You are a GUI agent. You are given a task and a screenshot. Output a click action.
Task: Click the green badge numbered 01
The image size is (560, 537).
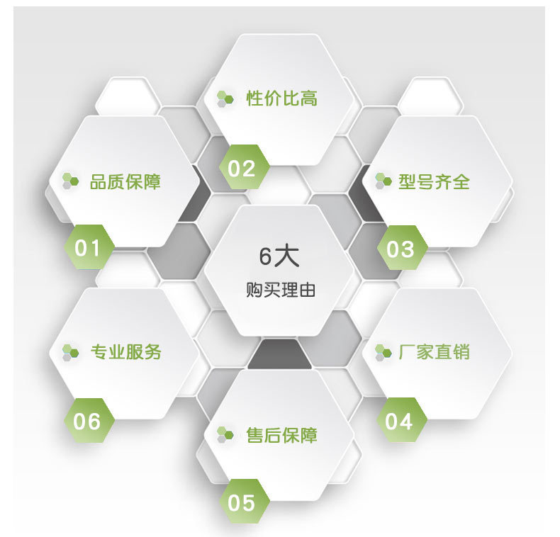click(x=89, y=248)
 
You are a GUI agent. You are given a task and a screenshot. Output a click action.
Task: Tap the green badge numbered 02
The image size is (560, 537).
click(x=242, y=169)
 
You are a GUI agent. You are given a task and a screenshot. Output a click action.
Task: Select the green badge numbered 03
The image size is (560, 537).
click(x=400, y=249)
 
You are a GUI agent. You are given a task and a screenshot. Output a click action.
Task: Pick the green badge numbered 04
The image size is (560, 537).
click(x=399, y=422)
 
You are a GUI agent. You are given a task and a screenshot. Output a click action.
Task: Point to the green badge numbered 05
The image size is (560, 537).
click(x=242, y=502)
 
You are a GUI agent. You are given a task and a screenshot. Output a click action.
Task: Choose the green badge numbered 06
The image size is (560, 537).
click(x=88, y=422)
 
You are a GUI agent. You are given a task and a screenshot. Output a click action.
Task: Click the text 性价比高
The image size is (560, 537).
click(x=281, y=98)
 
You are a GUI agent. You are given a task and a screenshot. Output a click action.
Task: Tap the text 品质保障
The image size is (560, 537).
click(x=125, y=181)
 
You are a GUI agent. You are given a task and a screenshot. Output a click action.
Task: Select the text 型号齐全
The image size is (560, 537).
click(x=434, y=181)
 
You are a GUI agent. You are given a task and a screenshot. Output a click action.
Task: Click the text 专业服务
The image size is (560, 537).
click(x=125, y=351)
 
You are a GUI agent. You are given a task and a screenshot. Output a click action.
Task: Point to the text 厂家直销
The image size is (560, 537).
click(x=434, y=351)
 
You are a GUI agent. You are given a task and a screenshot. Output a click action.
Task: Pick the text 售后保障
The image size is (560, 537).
click(x=281, y=435)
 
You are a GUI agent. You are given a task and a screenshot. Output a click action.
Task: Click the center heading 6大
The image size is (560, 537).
click(x=279, y=256)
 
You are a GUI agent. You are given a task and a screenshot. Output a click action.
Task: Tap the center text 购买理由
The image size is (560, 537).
click(x=280, y=290)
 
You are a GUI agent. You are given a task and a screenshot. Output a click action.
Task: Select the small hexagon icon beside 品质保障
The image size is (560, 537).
click(x=69, y=181)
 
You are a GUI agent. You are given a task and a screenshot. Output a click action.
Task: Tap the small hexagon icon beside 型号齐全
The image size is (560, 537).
click(x=383, y=181)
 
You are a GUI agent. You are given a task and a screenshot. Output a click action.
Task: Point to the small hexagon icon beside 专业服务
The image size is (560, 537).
click(x=69, y=351)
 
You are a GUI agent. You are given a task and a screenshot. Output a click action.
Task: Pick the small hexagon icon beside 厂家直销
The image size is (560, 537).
click(x=383, y=351)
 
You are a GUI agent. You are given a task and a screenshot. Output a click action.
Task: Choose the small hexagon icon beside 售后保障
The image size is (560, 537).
click(x=225, y=434)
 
